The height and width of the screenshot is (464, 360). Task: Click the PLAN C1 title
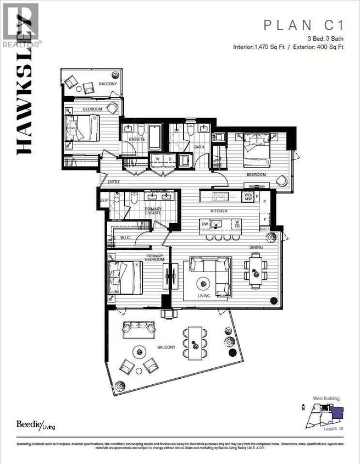303,25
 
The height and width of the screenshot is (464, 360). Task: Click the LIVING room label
204,295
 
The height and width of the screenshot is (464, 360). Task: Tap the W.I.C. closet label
123,238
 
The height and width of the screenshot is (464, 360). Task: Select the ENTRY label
114,182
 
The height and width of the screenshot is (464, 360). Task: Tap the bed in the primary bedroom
125,278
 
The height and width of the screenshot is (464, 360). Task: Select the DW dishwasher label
205,224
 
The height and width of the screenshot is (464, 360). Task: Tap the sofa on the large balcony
139,329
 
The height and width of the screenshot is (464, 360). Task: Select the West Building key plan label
326,398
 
